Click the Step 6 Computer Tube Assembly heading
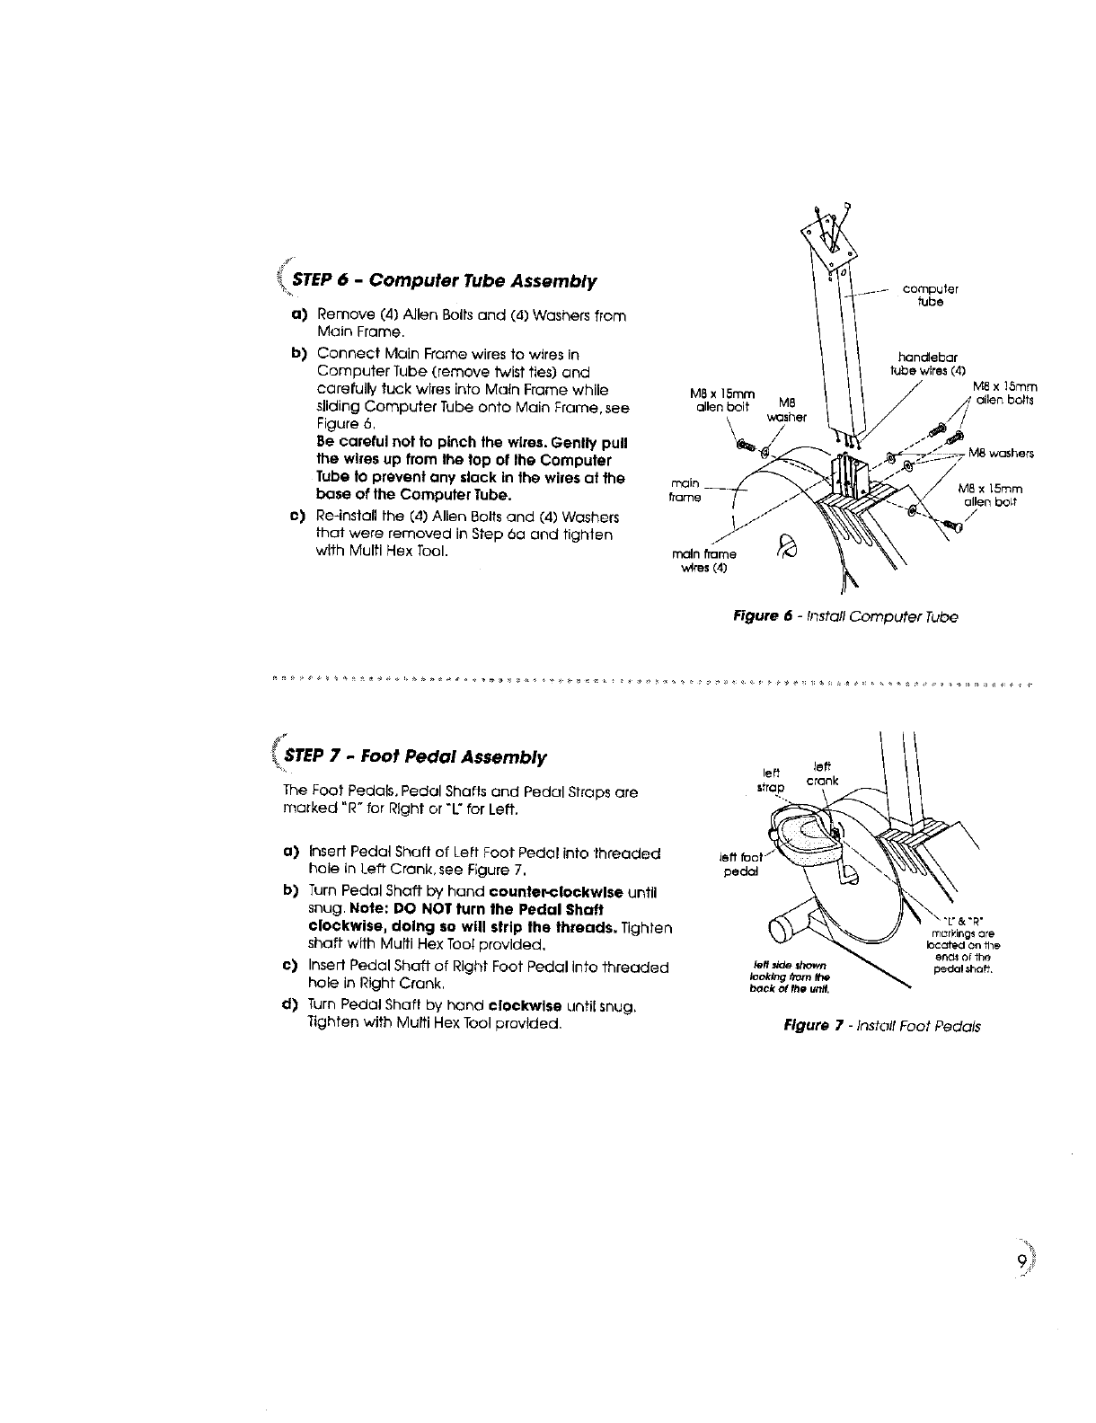(x=440, y=281)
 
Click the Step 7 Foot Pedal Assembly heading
(x=414, y=757)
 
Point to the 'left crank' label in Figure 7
(x=822, y=773)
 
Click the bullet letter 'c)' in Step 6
(x=296, y=517)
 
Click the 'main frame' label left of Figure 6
(x=686, y=491)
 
